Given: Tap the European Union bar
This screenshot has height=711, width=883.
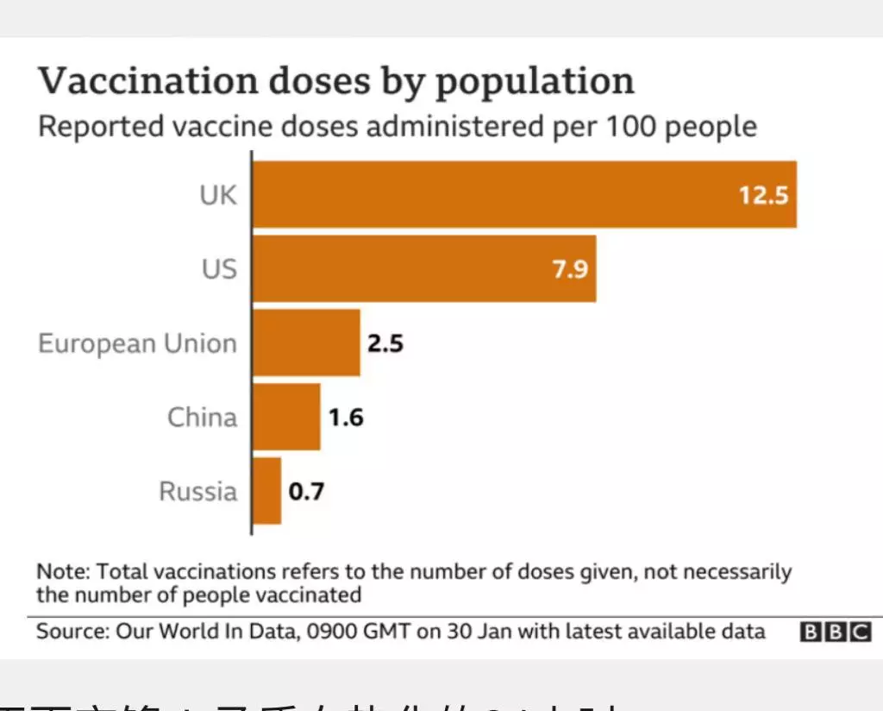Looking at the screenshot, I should [x=306, y=343].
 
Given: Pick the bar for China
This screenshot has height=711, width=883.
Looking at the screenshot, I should [x=286, y=417].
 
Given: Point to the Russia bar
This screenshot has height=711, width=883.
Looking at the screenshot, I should [x=266, y=491].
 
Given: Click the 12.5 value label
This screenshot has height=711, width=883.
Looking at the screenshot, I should [x=763, y=195].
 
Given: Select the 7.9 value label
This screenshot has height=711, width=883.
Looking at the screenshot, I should [x=570, y=269].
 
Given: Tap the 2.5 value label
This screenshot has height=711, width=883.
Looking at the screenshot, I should [x=385, y=343].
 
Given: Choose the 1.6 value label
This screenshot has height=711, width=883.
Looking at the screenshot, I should [x=346, y=418].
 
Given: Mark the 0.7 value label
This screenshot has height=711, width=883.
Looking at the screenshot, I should [x=306, y=492].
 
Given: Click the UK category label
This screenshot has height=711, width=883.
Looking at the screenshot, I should [x=217, y=195].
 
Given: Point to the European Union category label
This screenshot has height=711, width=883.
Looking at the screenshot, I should [x=137, y=343].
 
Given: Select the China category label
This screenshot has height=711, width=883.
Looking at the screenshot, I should [x=202, y=418].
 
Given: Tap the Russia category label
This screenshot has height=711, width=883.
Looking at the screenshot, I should [x=197, y=492].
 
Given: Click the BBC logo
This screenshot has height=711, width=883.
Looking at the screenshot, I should [x=836, y=632].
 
